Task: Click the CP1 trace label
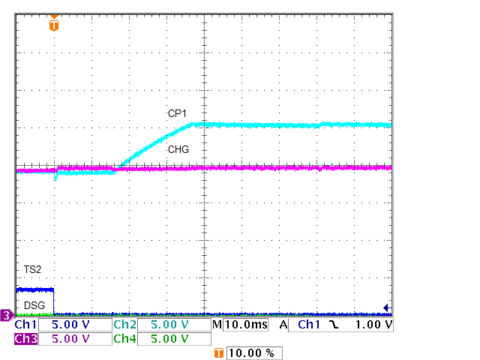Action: tap(176, 113)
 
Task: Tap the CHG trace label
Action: tap(178, 150)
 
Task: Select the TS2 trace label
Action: tap(32, 268)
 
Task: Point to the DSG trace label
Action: tap(34, 305)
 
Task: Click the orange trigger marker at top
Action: tap(53, 25)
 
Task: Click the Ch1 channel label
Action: tap(25, 325)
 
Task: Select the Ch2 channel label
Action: tap(124, 325)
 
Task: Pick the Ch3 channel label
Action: tap(25, 339)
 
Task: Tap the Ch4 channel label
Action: tap(124, 339)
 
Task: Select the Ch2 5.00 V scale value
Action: tap(174, 325)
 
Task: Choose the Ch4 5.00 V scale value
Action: tap(174, 339)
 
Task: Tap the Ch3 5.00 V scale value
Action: tap(74, 339)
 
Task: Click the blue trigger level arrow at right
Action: tap(387, 307)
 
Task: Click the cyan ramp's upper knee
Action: tap(194, 124)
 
